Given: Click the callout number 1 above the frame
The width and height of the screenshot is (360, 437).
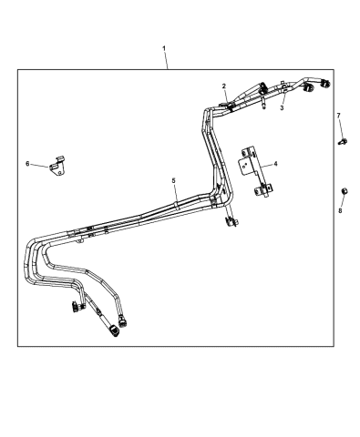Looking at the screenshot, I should point(165,47).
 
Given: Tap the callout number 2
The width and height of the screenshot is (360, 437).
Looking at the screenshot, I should point(224,86).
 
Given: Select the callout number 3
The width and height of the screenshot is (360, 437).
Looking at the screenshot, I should point(282,108).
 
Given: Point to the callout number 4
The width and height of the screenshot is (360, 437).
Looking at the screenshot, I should point(276,165).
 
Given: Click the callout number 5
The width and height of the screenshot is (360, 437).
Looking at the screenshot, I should point(173,181).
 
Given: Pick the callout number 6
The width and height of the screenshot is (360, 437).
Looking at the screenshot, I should point(27,164).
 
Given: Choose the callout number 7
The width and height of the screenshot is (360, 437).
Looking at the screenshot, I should point(339,116).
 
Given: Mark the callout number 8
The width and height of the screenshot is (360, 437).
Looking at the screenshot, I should point(341,210).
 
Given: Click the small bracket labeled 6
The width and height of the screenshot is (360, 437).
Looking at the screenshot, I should point(58,165).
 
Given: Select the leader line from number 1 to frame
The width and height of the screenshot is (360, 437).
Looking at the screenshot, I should point(165,60).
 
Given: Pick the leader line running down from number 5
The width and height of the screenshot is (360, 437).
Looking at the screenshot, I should point(173,193).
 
